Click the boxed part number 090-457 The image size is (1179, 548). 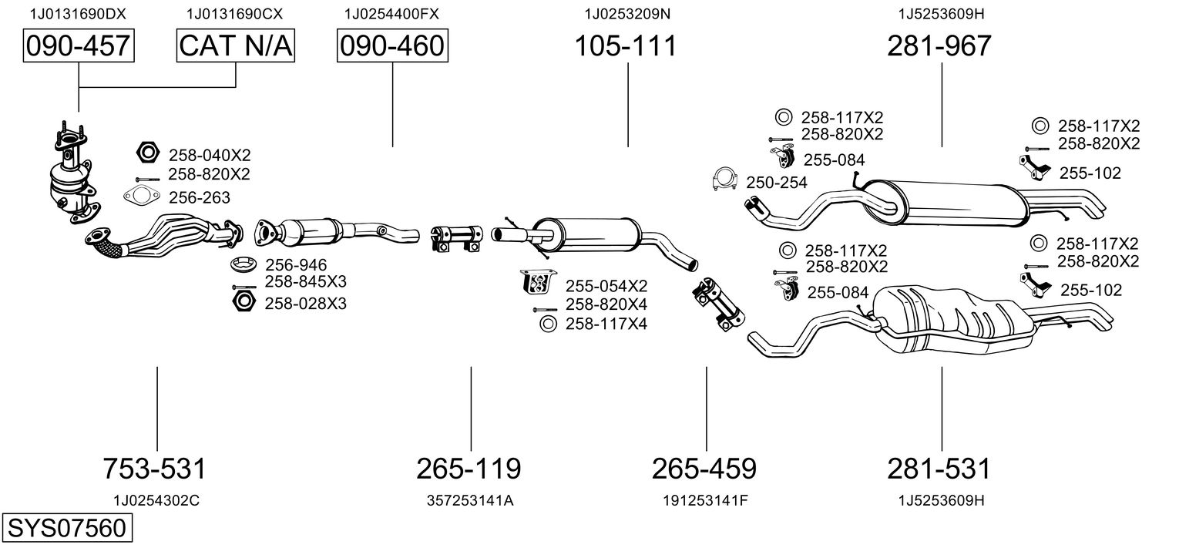pos(78,46)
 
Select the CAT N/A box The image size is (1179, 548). pos(236,46)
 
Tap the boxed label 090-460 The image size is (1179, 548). pos(392,46)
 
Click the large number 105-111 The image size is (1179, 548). pos(626,46)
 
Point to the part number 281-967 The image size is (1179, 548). pos(939,46)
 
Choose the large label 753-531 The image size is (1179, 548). pos(155,468)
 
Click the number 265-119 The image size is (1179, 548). pos(469,468)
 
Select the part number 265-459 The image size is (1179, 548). pos(704,468)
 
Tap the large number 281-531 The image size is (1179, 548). pos(939,468)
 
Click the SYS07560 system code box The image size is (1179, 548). pos(65,529)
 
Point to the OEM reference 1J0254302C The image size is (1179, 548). pos(156,500)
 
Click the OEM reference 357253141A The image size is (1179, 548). pos(470,500)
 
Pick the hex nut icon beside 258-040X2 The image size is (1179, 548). pos(147,153)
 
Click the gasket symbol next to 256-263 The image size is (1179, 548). pos(140,197)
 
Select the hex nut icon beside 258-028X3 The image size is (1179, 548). pos(243,301)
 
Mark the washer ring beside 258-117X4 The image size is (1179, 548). pos(548,324)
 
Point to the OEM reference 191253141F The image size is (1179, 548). pos(705,500)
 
